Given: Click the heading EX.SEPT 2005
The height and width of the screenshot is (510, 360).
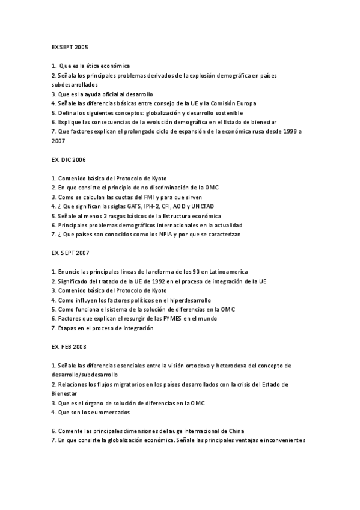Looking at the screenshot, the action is click(70, 46).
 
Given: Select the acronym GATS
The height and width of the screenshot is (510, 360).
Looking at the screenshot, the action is click(128, 206).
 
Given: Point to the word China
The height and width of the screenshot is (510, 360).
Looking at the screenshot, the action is click(235, 431).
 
